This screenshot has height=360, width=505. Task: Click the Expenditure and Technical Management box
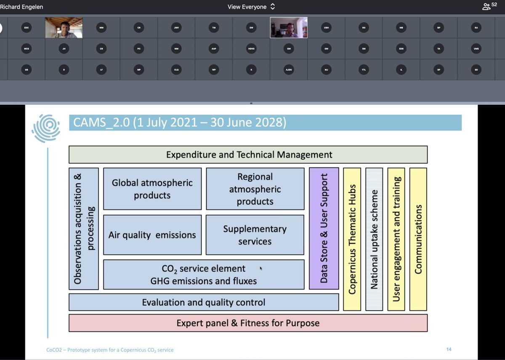pos(248,155)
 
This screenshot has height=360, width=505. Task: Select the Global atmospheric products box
pos(152,189)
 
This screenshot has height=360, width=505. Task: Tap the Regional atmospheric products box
pos(255,189)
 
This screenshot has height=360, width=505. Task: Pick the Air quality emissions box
pos(152,235)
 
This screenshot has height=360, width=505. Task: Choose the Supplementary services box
pos(255,235)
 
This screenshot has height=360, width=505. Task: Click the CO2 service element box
pos(203,275)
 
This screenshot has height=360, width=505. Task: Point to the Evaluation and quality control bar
pos(203,302)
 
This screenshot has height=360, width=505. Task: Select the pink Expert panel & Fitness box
pos(248,323)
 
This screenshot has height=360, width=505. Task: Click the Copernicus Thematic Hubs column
pos(352,239)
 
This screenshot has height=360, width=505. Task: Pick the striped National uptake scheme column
pos(374,239)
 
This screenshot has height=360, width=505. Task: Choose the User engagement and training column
pos(396,239)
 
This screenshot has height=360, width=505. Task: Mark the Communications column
pos(418,239)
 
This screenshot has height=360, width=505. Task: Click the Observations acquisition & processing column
pos(84,228)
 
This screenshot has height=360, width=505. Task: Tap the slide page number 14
pos(449,349)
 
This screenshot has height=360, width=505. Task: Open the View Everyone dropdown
pos(251,7)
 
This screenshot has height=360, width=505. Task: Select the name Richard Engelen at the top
pos(21,7)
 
